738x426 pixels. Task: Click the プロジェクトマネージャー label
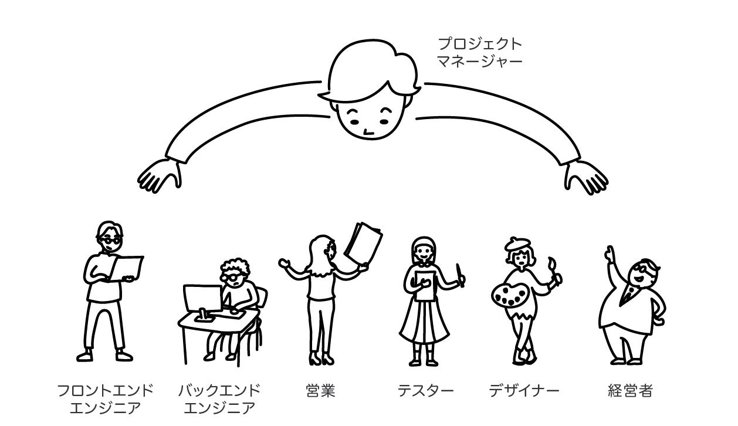click(x=480, y=52)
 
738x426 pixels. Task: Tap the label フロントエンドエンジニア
click(x=106, y=399)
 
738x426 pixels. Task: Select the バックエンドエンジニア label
click(x=219, y=399)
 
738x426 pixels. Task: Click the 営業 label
click(x=320, y=391)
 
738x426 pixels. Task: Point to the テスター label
click(x=425, y=391)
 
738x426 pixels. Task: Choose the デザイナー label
click(x=524, y=391)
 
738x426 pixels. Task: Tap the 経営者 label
click(x=630, y=391)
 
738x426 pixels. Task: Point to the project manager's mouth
click(x=368, y=131)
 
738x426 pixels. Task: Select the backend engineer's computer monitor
click(x=202, y=299)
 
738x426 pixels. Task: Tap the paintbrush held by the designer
click(x=553, y=267)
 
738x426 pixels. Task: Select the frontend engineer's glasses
click(x=109, y=239)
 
